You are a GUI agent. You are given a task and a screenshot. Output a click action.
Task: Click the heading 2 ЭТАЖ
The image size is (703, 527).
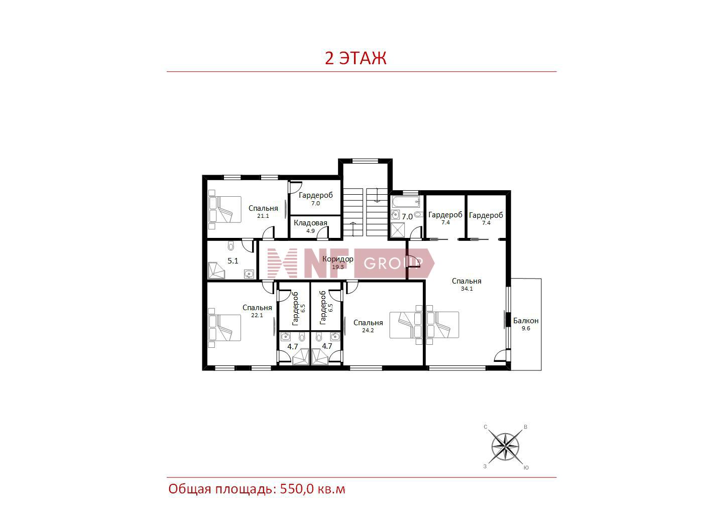(x=355, y=58)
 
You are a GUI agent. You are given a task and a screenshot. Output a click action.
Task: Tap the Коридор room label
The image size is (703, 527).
(x=337, y=259)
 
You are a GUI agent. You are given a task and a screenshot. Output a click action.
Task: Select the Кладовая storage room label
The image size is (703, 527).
(x=310, y=223)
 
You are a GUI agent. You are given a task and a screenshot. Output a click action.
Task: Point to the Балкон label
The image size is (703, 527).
(x=526, y=320)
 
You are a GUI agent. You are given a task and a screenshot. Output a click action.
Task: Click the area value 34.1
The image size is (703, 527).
(x=466, y=288)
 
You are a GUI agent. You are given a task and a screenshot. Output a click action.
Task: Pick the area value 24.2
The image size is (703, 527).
(x=368, y=330)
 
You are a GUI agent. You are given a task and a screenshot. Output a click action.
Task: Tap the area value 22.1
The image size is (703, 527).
(x=257, y=315)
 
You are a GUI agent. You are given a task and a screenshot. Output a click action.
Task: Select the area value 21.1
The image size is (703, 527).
(x=263, y=216)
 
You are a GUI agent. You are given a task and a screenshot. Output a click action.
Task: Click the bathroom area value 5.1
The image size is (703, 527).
(x=233, y=261)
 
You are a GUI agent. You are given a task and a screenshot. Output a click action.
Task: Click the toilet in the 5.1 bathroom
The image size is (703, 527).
(x=230, y=246)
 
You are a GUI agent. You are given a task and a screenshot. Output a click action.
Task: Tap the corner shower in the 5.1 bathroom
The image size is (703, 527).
(x=216, y=271)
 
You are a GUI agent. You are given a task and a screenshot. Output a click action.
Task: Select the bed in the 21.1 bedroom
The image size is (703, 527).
(x=225, y=209)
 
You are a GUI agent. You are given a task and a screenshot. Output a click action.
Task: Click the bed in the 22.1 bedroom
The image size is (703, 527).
(x=224, y=328)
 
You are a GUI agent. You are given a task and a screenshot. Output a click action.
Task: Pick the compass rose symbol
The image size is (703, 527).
(x=505, y=447)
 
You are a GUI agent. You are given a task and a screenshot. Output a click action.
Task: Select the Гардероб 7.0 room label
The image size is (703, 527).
(x=315, y=198)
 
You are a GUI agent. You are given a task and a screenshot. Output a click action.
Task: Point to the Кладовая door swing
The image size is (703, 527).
(x=323, y=232)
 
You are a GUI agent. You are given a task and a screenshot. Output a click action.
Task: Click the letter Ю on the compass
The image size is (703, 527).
(x=526, y=467)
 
